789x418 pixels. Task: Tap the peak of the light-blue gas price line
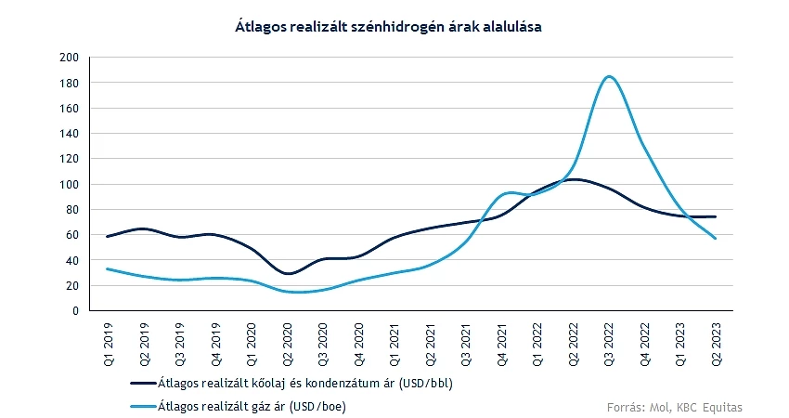pyautogui.click(x=609, y=76)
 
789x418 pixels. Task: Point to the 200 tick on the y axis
pyautogui.click(x=69, y=58)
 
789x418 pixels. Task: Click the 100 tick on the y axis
pyautogui.click(x=69, y=184)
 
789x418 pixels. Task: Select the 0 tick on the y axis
pyautogui.click(x=74, y=311)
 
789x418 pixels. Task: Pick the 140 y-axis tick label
pyautogui.click(x=69, y=134)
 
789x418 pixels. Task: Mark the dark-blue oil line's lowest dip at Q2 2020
pyautogui.click(x=289, y=274)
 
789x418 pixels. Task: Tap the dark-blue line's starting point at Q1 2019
pyautogui.click(x=108, y=237)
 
